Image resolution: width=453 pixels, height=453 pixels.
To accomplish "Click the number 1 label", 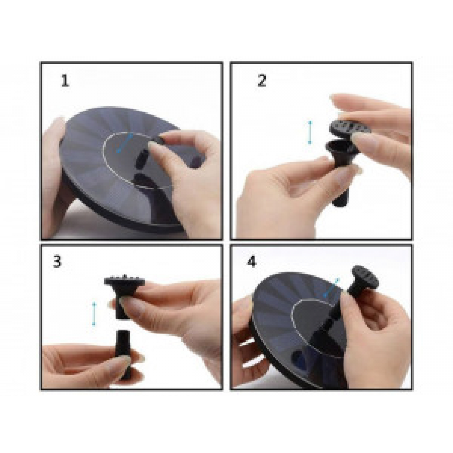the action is (x=65, y=81).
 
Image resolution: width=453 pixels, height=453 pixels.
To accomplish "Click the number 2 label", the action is (x=262, y=81).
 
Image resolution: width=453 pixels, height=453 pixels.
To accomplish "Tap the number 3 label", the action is (x=57, y=261).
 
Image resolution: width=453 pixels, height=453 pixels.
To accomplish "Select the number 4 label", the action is (x=252, y=261).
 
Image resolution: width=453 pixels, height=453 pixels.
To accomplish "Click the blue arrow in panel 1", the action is (x=125, y=143).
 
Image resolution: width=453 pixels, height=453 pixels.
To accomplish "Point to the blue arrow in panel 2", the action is (x=310, y=132).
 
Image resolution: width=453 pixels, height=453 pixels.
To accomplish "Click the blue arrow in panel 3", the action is (x=94, y=314).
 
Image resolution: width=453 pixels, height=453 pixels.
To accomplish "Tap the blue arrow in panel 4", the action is (x=331, y=288).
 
